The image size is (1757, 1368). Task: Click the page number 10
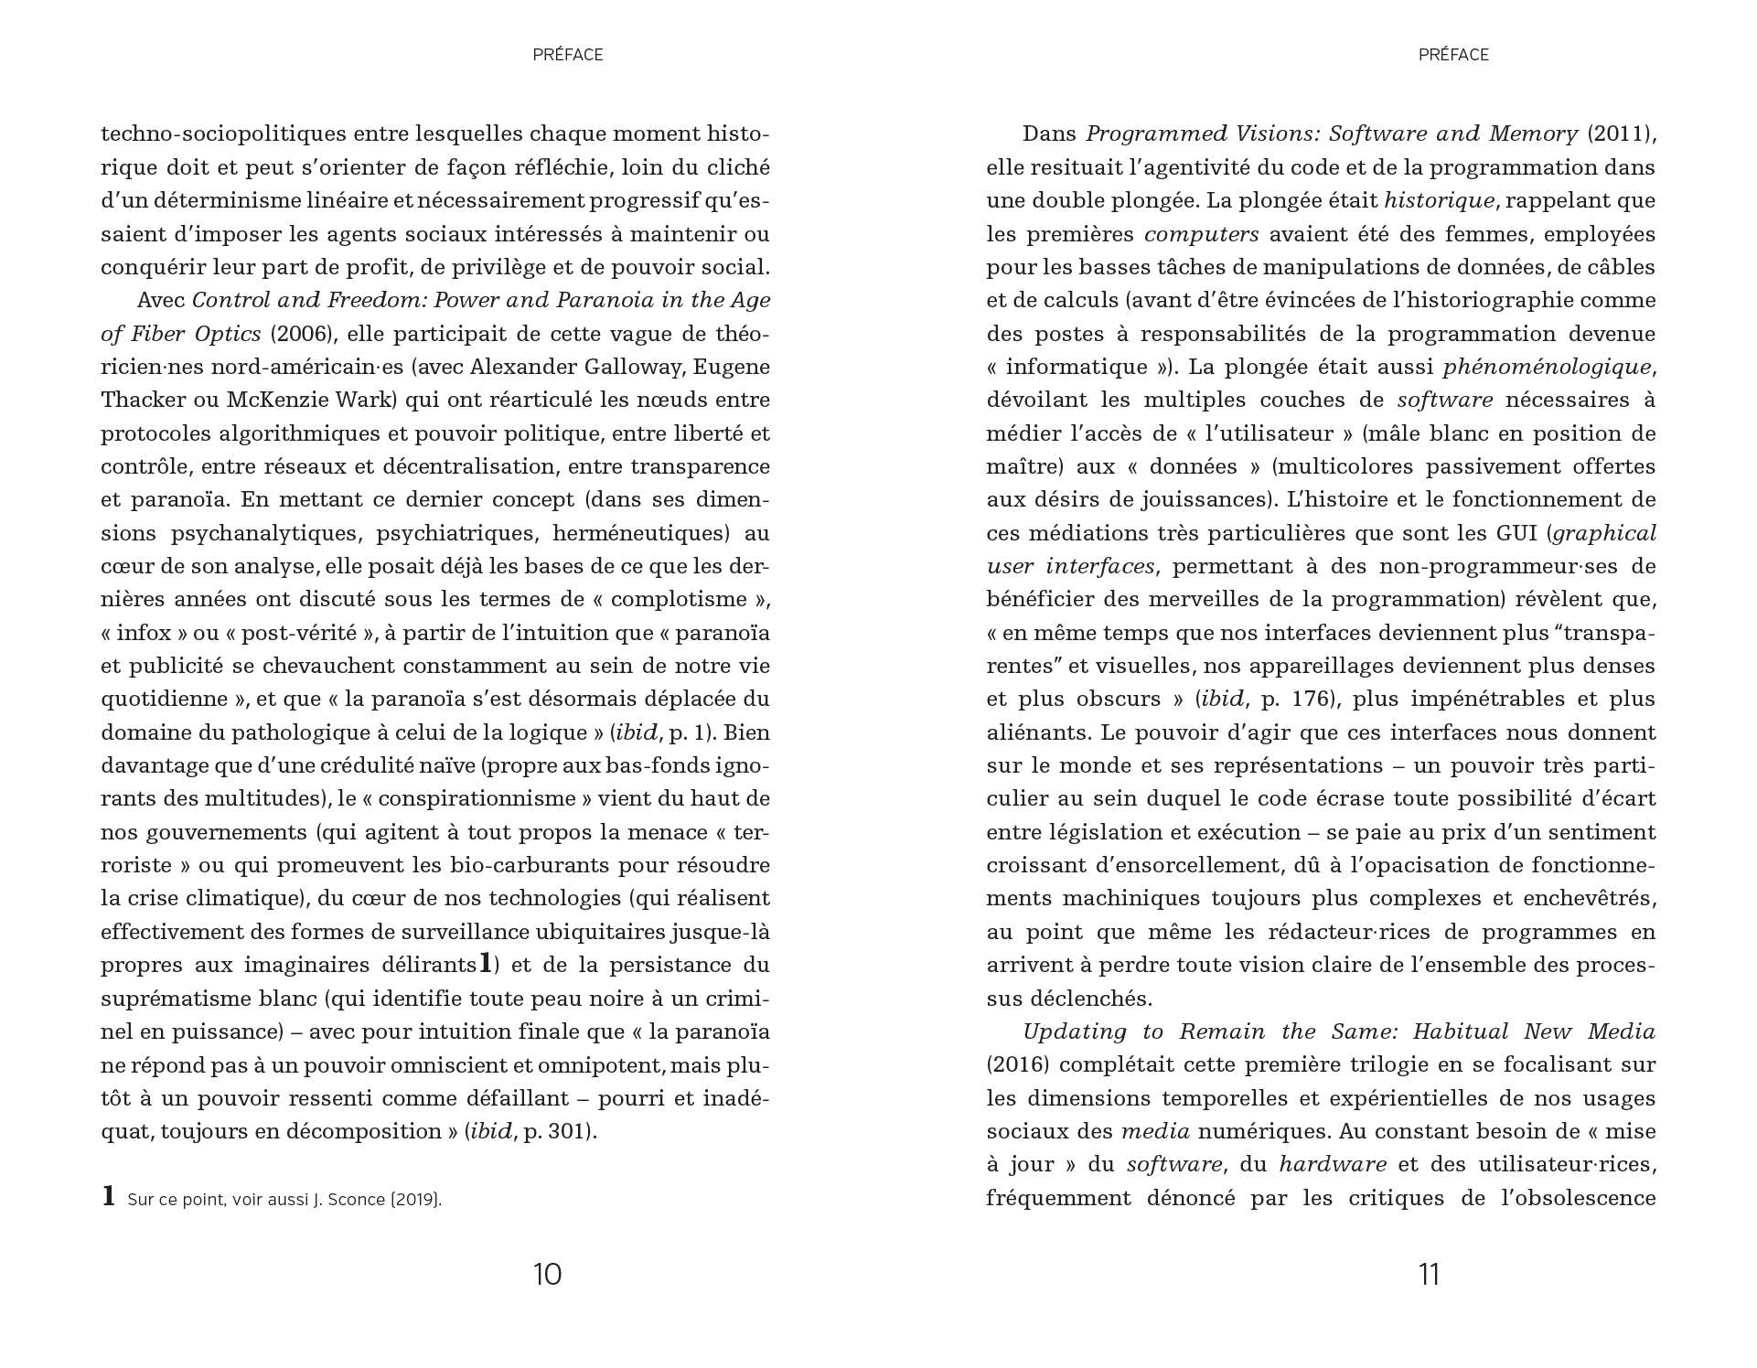[547, 1274]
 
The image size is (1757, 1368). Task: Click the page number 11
[1429, 1274]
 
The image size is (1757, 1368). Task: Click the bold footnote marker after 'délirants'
[486, 963]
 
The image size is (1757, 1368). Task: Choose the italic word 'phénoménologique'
[1547, 367]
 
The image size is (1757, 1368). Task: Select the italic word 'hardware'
[1332, 1165]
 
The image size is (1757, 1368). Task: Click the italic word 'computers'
[1201, 234]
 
